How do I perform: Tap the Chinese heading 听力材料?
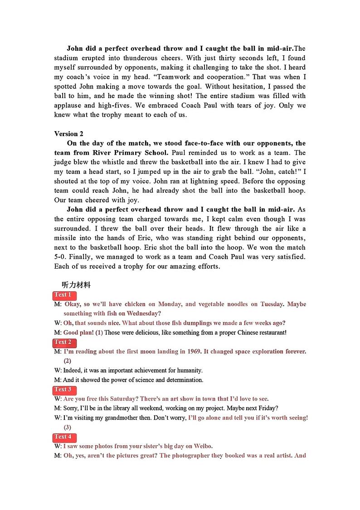pyautogui.click(x=76, y=285)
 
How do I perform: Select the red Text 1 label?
pyautogui.click(x=63, y=295)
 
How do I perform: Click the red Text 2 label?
pyautogui.click(x=63, y=342)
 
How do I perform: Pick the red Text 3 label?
pyautogui.click(x=63, y=389)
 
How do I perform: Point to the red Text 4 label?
pyautogui.click(x=63, y=436)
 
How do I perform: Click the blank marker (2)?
pyautogui.click(x=67, y=361)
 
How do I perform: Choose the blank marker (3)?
pyautogui.click(x=67, y=427)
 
